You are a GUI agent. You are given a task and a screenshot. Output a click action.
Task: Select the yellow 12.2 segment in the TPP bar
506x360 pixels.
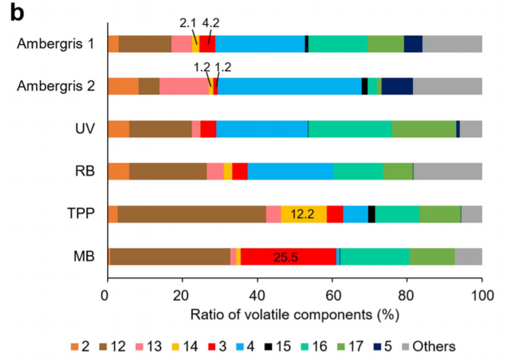coord(303,214)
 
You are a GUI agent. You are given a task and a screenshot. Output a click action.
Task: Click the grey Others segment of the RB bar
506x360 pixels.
coord(447,171)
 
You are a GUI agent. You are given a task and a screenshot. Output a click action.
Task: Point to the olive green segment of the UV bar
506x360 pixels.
coord(424,128)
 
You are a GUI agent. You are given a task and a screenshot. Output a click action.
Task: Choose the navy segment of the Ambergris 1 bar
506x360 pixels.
coord(412,43)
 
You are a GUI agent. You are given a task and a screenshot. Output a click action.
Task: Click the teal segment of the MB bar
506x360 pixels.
coord(374,257)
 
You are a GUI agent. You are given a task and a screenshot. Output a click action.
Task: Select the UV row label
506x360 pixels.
coord(84,129)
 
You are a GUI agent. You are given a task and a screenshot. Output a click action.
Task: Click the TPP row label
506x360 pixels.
coord(81,214)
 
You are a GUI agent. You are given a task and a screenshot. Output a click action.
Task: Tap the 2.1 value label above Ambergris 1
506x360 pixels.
coord(188,23)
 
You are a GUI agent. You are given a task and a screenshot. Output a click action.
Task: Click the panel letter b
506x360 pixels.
coord(17,14)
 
